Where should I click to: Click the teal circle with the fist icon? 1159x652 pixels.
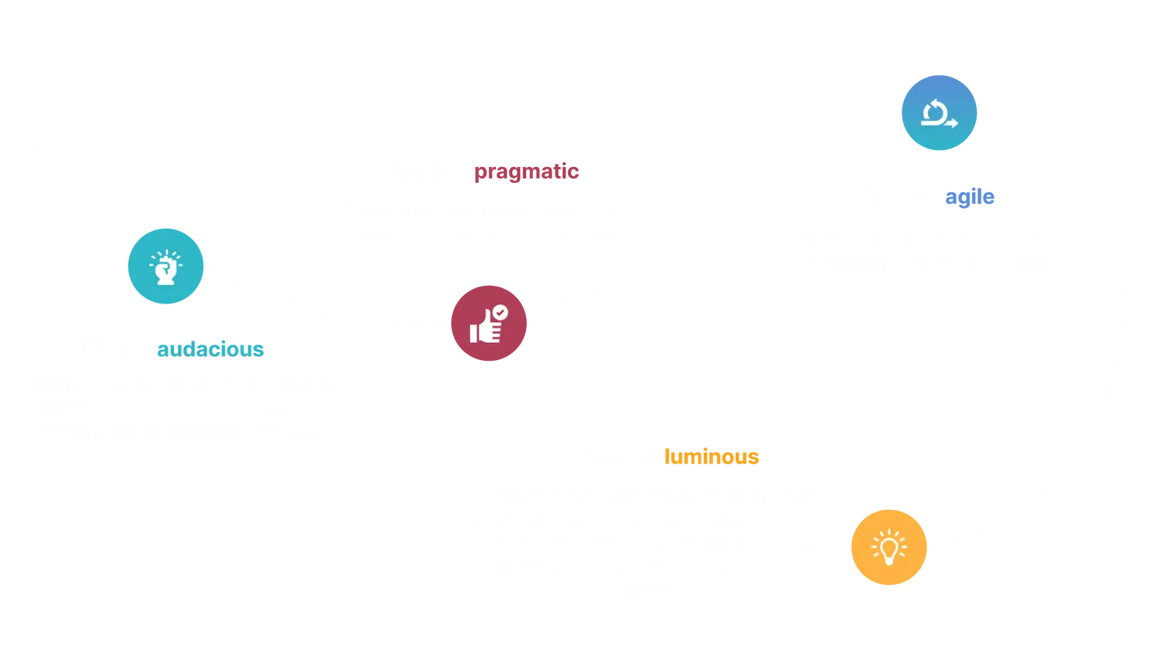point(165,267)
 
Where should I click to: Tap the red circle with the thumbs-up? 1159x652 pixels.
point(488,324)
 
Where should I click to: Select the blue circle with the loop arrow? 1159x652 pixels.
point(940,113)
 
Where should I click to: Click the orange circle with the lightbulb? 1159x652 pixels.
point(888,547)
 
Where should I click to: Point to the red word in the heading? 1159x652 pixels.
point(525,171)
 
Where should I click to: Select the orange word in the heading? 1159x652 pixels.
point(711,457)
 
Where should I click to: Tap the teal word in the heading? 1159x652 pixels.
point(210,349)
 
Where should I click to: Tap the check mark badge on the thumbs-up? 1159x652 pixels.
point(501,311)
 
